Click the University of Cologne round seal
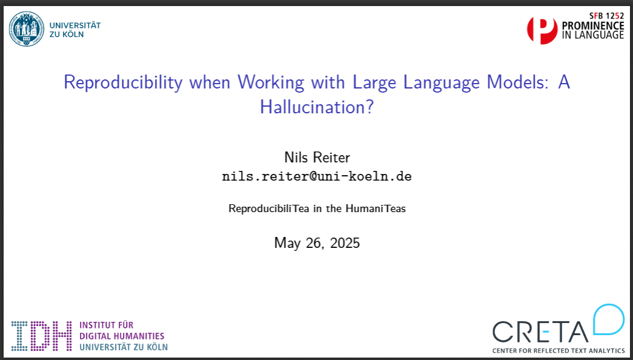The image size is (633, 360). coord(27,29)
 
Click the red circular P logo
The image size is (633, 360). coord(542,30)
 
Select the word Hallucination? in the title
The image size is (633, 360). coord(317,107)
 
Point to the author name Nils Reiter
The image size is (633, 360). coord(317,158)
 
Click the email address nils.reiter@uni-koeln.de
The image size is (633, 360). coord(317,176)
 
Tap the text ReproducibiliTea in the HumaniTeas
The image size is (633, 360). coord(317,209)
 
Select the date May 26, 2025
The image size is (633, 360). coord(317,243)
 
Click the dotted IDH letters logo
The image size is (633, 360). coord(42,336)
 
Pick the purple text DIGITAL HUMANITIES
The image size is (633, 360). coord(122,336)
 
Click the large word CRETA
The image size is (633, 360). coord(540,332)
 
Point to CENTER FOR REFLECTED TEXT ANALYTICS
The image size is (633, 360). coord(558,351)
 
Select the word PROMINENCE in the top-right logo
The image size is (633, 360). coord(593,26)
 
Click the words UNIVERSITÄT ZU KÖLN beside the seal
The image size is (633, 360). coord(75,30)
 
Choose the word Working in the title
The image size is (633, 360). coord(270,84)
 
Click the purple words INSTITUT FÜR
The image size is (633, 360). coord(106,325)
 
